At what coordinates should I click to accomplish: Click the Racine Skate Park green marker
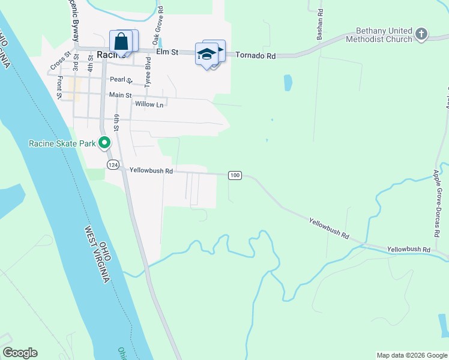104,143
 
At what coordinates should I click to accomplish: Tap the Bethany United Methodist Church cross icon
421,34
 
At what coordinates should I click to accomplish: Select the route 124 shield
112,164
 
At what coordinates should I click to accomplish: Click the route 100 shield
235,175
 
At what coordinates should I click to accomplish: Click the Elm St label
167,52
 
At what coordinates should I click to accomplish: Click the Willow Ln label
149,104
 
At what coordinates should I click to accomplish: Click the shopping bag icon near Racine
121,42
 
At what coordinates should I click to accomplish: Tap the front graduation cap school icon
206,54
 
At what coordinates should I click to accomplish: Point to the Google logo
20,353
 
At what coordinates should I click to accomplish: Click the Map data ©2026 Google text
411,355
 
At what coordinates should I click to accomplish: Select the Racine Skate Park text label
62,143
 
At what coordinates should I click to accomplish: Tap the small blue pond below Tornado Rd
288,82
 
